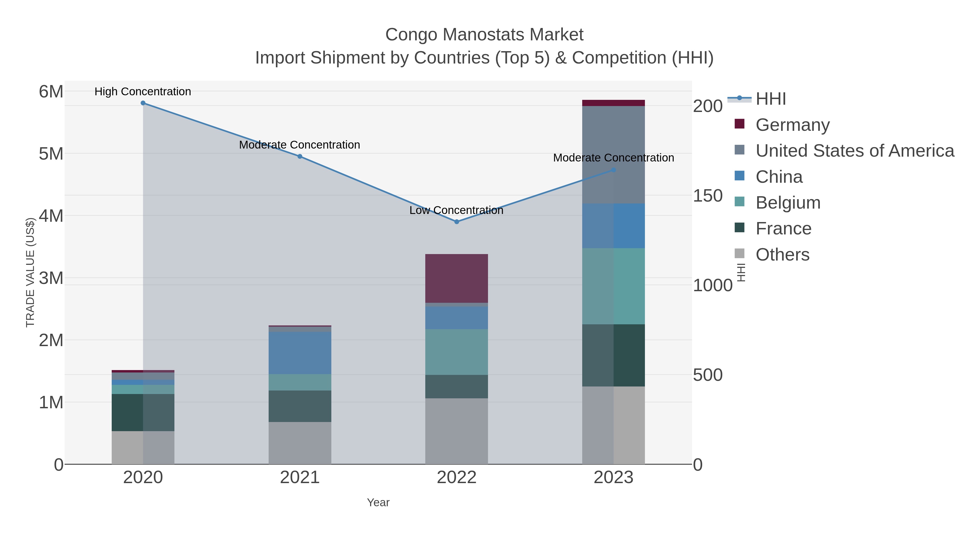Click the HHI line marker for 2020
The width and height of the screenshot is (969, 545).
point(143,103)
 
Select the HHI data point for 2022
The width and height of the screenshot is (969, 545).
point(457,222)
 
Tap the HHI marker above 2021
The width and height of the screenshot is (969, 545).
point(300,156)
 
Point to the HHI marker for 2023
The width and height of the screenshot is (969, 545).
point(613,170)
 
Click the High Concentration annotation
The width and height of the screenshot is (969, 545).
point(143,92)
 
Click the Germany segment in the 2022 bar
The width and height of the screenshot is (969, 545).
point(457,278)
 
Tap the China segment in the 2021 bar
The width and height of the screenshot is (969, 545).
point(300,353)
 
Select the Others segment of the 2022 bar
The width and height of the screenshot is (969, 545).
point(457,431)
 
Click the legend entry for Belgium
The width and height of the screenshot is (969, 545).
point(788,203)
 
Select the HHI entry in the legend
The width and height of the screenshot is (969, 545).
point(770,99)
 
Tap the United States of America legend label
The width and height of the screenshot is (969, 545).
point(855,151)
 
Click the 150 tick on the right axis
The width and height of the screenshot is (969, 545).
point(708,196)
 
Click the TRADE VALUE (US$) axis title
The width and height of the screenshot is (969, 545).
point(30,272)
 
